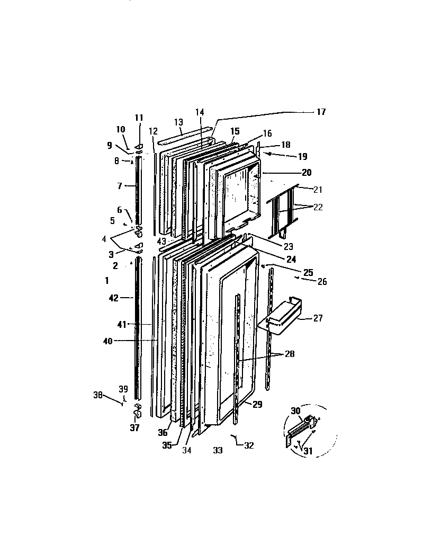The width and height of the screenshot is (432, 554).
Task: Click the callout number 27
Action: click(x=318, y=318)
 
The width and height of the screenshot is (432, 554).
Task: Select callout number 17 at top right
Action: click(x=321, y=112)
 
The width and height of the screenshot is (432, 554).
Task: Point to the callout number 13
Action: click(x=178, y=122)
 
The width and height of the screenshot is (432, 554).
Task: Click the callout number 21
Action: click(x=318, y=189)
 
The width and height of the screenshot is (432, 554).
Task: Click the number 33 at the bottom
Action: click(x=217, y=450)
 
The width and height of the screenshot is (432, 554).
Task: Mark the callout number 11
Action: click(x=139, y=117)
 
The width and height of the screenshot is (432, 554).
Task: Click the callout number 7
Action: click(x=120, y=186)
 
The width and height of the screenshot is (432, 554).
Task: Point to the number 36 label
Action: click(x=163, y=433)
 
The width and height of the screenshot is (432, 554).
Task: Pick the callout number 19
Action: click(x=302, y=156)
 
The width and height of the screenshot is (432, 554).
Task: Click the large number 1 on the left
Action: click(x=107, y=280)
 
